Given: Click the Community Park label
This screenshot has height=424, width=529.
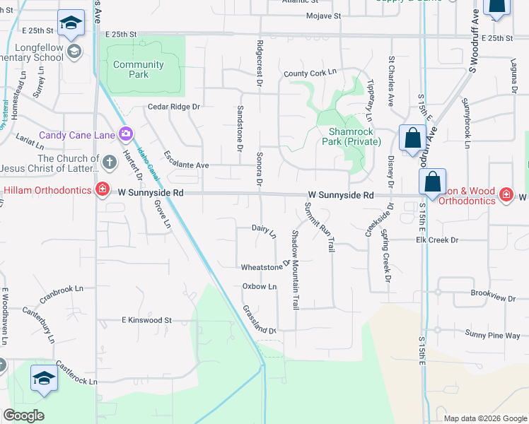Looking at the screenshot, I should click(139, 69).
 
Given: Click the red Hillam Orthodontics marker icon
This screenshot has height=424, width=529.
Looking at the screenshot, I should click(103, 190).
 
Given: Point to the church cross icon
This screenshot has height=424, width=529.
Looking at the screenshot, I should click(109, 163).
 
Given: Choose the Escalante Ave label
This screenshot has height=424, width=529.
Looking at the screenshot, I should click(187, 159).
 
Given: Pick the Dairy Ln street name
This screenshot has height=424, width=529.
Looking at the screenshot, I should click(264, 230).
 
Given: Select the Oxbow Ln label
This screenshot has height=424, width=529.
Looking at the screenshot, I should click(260, 287).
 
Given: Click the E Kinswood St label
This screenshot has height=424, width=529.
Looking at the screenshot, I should click(146, 320).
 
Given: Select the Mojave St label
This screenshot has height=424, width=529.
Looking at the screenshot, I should click(324, 16).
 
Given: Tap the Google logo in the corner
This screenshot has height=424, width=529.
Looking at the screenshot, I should click(23, 416).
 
